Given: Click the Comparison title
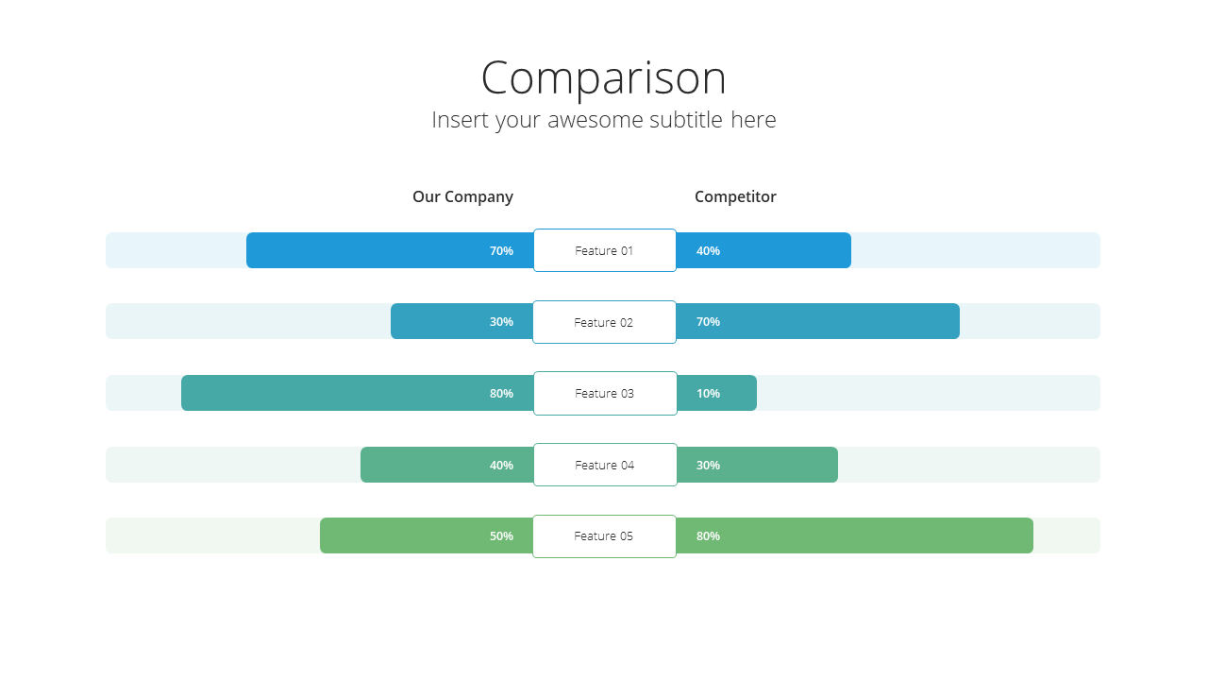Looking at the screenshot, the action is click(x=603, y=78).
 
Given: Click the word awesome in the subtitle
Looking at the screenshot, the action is click(x=595, y=120).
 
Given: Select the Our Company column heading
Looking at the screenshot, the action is click(x=462, y=197).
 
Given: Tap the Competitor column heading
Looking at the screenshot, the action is click(x=735, y=196).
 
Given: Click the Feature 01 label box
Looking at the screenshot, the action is click(x=605, y=250).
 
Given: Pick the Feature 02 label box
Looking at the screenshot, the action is click(x=604, y=322).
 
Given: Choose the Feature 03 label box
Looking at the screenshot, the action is click(x=605, y=394).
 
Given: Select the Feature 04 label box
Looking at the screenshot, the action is click(x=605, y=465).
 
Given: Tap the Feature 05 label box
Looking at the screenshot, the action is click(x=604, y=536).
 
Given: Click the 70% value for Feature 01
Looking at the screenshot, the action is click(x=501, y=251).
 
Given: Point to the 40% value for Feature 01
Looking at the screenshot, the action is click(x=708, y=251).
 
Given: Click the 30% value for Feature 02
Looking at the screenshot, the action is click(x=501, y=322).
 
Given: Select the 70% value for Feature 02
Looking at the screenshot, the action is click(x=708, y=322).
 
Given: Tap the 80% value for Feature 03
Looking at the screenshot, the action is click(x=501, y=394).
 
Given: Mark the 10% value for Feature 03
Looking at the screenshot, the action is click(x=708, y=394).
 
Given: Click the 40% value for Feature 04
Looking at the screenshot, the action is click(x=501, y=466).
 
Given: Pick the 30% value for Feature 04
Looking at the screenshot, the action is click(x=708, y=466).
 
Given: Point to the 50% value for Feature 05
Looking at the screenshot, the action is click(x=501, y=535).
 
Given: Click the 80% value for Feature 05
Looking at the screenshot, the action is click(x=708, y=535).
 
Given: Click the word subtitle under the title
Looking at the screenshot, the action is click(x=686, y=120).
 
